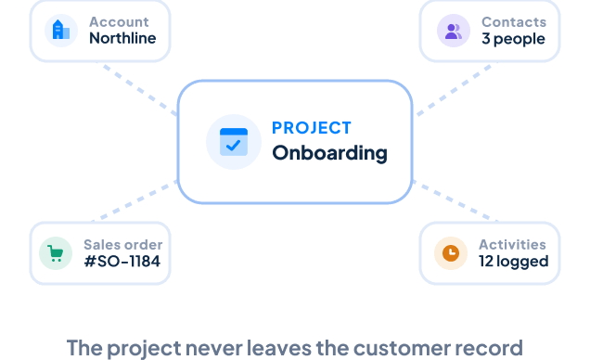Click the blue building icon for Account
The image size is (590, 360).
pyautogui.click(x=61, y=30)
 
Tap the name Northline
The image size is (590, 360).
pyautogui.click(x=122, y=38)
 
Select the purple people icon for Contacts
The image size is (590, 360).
pyautogui.click(x=453, y=32)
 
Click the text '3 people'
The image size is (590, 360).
pyautogui.click(x=513, y=39)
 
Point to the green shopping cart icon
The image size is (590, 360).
pyautogui.click(x=56, y=253)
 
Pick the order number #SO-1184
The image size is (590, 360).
pyautogui.click(x=122, y=261)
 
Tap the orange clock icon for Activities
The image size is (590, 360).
pyautogui.click(x=451, y=253)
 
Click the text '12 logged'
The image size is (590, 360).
pyautogui.click(x=514, y=262)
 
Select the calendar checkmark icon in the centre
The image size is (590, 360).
pyautogui.click(x=234, y=142)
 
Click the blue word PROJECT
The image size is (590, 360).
pyautogui.click(x=312, y=128)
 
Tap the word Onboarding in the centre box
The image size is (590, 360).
pyautogui.click(x=329, y=153)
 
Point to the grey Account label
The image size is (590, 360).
pyautogui.click(x=119, y=22)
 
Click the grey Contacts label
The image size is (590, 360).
pyautogui.click(x=514, y=22)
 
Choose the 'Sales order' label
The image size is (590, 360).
pyautogui.click(x=123, y=245)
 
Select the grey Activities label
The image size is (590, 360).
pyautogui.click(x=512, y=245)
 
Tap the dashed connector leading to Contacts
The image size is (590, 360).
pyautogui.click(x=455, y=90)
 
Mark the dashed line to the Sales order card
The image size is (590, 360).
pyautogui.click(x=135, y=200)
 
